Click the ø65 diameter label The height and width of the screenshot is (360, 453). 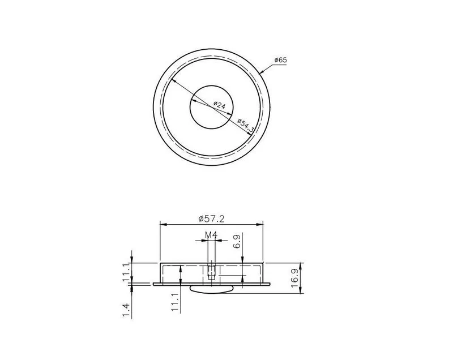click(x=280, y=60)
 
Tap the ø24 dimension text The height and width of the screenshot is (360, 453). click(x=219, y=105)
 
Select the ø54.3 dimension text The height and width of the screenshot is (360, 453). click(x=246, y=126)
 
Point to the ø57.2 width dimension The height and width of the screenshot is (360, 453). click(x=211, y=219)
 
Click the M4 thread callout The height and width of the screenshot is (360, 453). click(x=211, y=235)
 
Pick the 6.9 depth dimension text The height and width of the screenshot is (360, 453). click(x=237, y=241)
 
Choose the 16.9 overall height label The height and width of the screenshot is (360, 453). click(x=295, y=278)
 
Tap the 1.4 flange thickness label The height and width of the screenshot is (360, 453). click(x=126, y=310)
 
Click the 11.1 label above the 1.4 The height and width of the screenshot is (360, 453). click(x=126, y=272)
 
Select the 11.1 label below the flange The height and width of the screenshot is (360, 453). click(x=175, y=301)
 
